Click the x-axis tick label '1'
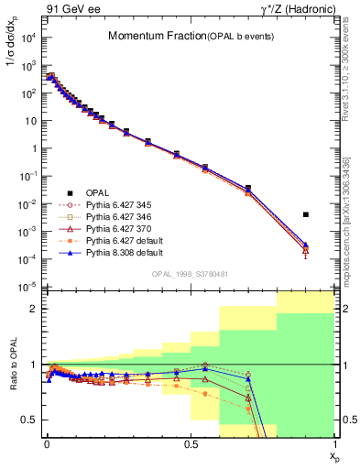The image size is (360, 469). [334, 445]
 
